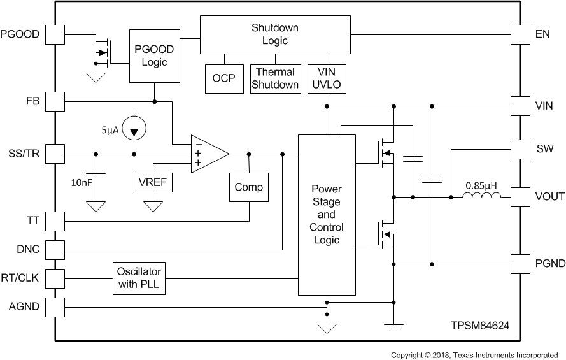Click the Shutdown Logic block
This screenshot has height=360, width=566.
275,35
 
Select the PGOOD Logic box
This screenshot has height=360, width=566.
155,55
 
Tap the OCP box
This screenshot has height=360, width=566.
223,78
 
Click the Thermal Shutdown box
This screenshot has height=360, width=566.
275,78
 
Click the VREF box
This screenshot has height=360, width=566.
152,183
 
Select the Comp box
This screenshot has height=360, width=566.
248,187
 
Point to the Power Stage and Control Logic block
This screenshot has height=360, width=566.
327,215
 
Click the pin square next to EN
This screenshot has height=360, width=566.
521,34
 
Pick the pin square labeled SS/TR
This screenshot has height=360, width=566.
56,154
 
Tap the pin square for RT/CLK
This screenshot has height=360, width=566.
56,278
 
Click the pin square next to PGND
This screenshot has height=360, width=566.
521,263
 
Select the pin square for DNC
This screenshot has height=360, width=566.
56,249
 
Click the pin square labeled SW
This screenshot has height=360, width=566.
521,149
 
